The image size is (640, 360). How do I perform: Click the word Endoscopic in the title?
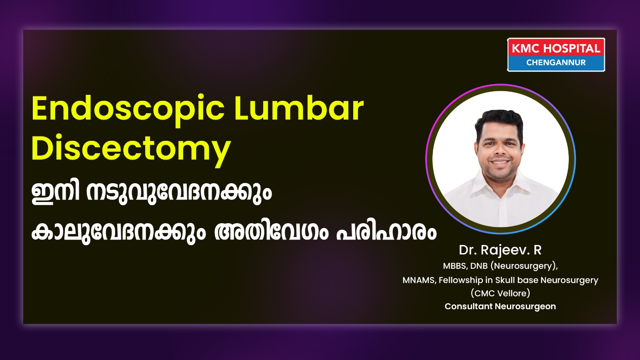[128, 110]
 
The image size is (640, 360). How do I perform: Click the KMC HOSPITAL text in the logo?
[556, 48]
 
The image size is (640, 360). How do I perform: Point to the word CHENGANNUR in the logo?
[556, 62]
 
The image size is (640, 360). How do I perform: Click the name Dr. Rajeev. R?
[500, 250]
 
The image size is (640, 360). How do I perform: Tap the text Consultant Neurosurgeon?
[500, 306]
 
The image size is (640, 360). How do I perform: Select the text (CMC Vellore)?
[500, 293]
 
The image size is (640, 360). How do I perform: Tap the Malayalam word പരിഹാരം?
[386, 232]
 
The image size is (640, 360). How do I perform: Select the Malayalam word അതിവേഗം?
[271, 232]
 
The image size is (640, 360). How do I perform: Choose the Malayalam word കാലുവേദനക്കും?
[118, 232]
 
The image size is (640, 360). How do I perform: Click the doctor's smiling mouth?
[500, 162]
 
